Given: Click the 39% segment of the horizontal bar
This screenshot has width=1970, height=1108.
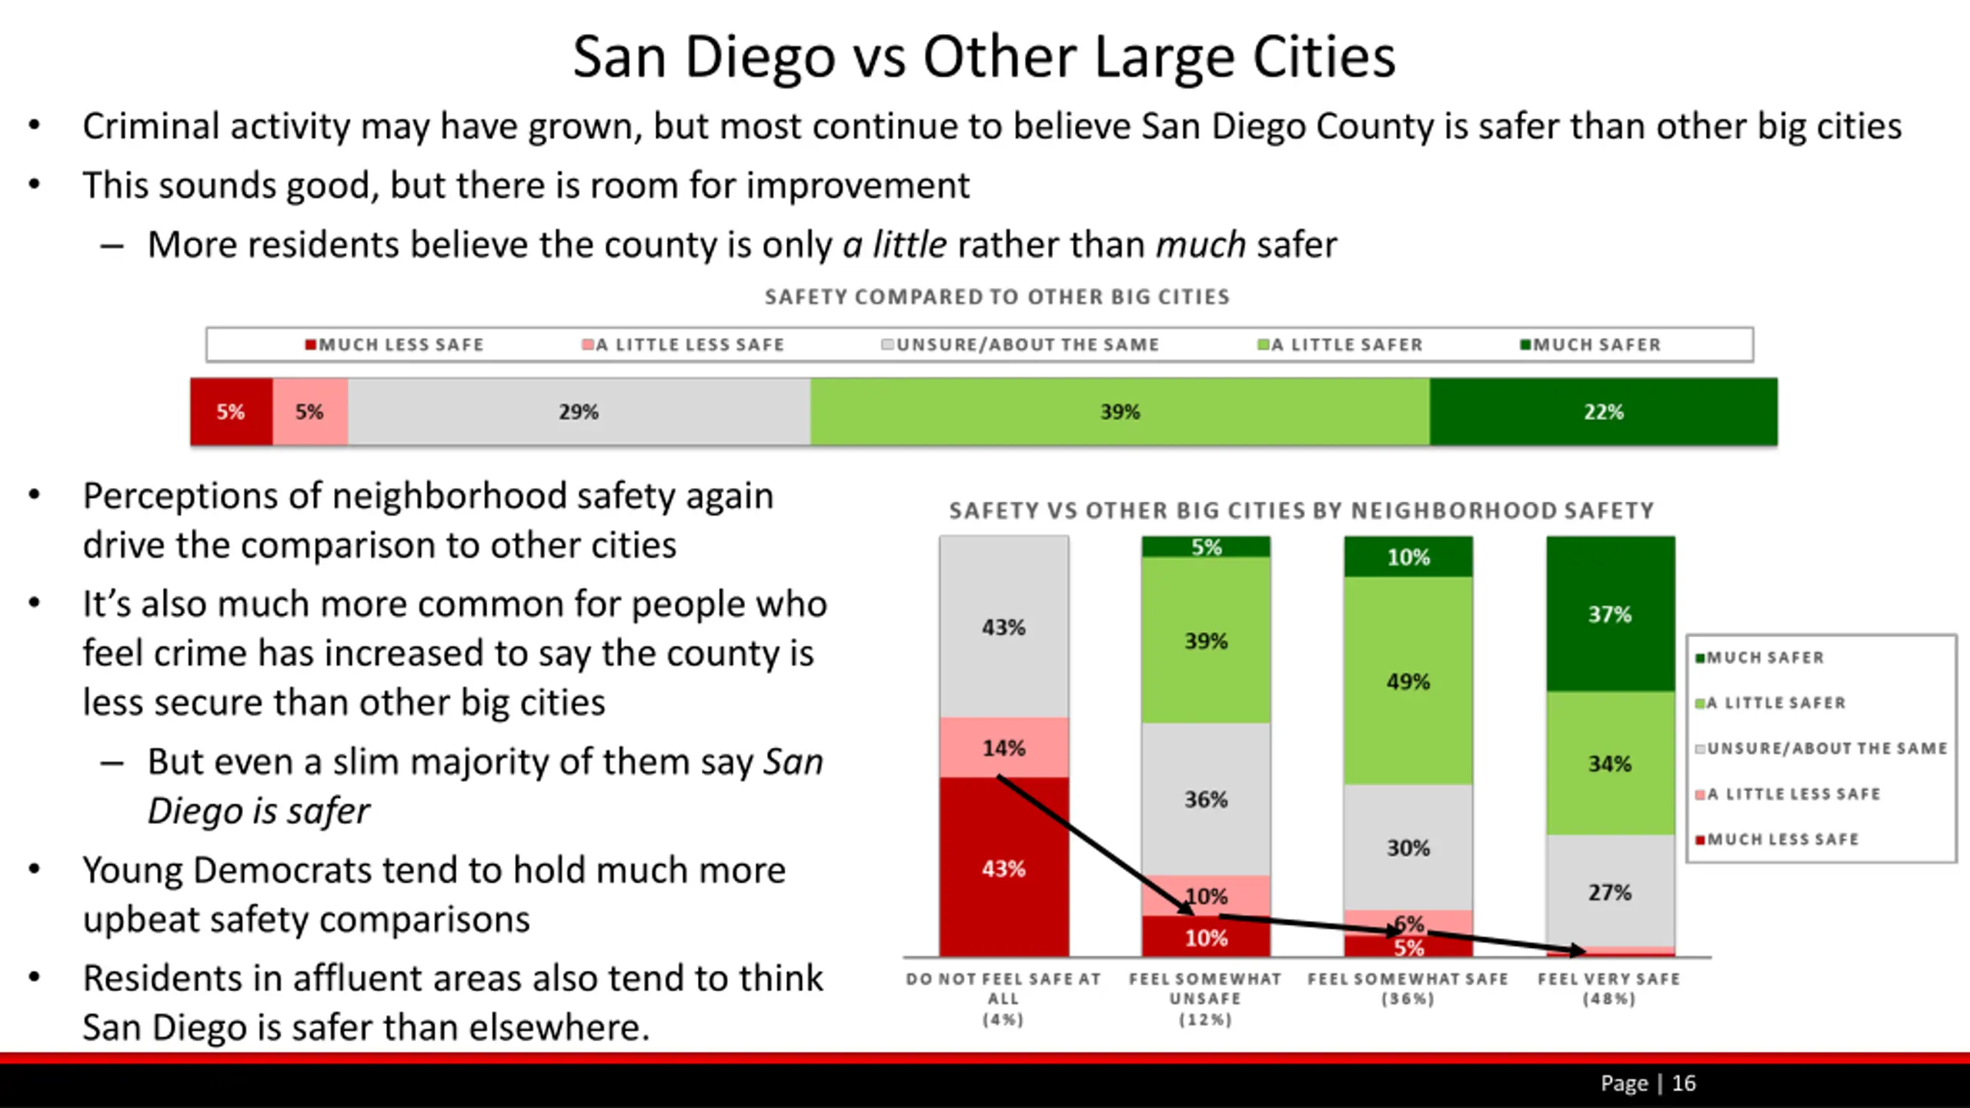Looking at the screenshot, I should tap(1120, 412).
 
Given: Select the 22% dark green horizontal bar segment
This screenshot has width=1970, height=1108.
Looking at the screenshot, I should tap(1604, 412).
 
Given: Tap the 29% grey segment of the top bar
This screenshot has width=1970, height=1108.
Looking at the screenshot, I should tap(579, 412).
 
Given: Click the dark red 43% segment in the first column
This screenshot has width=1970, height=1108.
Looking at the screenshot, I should tap(1003, 868).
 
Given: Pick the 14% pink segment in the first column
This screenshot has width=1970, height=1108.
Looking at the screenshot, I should tap(1003, 747).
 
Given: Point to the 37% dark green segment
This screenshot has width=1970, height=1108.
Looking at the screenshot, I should tap(1610, 614).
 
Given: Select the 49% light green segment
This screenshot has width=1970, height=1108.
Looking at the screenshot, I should tap(1408, 681).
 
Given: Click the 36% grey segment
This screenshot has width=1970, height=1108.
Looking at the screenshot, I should tap(1206, 799).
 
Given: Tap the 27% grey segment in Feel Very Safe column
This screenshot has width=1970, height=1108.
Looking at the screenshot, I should tap(1610, 892).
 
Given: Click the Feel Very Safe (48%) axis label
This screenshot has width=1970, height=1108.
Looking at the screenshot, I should tap(1609, 989).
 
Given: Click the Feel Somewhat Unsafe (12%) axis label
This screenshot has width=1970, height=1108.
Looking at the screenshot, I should tap(1205, 998).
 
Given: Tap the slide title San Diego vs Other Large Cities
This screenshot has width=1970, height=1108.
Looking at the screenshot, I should tap(984, 57).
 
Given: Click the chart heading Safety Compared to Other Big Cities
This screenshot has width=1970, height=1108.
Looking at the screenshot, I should tap(997, 297).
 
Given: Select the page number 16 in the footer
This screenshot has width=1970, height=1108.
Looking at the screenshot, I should tap(1684, 1083).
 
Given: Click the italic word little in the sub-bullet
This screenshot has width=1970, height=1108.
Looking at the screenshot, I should tap(909, 245).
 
